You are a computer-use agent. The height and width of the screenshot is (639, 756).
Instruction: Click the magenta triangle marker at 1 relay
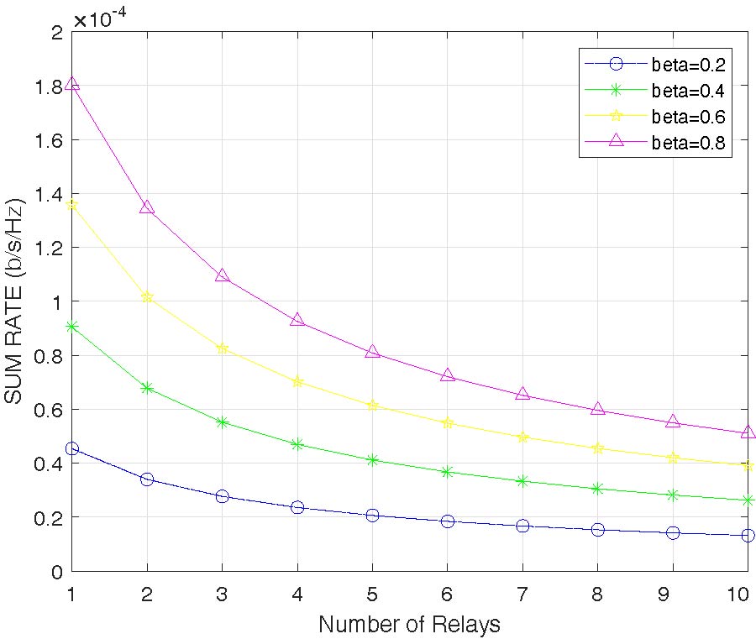[72, 84]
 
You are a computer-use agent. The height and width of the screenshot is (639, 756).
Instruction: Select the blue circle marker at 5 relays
[372, 516]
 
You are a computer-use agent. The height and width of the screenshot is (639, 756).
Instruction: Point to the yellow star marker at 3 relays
[223, 348]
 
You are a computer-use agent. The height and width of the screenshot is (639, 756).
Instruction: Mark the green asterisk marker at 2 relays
[147, 388]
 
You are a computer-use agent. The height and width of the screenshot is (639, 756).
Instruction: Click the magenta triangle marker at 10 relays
[748, 432]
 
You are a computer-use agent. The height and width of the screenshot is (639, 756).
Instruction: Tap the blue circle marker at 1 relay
[72, 449]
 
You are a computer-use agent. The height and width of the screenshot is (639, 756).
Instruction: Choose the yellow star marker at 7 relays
[522, 437]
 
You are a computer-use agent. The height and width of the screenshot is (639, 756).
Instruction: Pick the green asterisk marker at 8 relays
[598, 489]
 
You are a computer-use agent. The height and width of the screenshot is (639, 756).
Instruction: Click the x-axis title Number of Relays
[409, 625]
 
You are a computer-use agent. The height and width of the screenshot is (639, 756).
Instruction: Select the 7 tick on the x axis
[522, 593]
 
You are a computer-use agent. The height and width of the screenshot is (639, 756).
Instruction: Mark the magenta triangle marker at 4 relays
[297, 320]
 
